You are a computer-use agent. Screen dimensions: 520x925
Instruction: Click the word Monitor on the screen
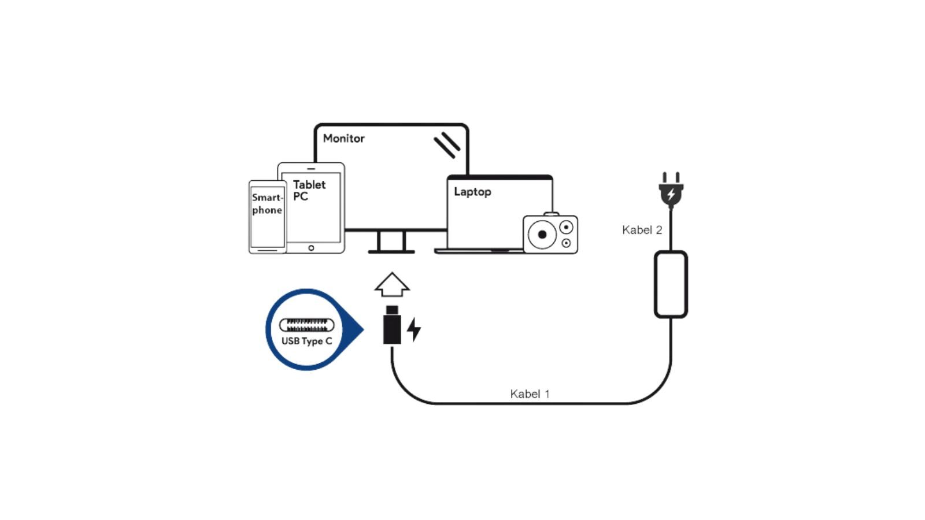pyautogui.click(x=343, y=139)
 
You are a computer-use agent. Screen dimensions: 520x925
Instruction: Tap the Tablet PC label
pyautogui.click(x=309, y=190)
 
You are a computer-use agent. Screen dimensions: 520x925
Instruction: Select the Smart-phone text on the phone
pyautogui.click(x=267, y=203)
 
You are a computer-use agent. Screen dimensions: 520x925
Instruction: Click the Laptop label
pyautogui.click(x=472, y=192)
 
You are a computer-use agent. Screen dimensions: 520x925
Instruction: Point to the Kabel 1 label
pyautogui.click(x=530, y=394)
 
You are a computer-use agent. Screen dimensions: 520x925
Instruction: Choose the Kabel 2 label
pyautogui.click(x=642, y=230)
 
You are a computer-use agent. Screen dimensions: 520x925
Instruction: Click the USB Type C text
pyautogui.click(x=306, y=341)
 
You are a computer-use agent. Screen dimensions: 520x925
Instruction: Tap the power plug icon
pyautogui.click(x=671, y=191)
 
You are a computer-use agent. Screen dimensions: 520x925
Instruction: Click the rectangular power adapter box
pyautogui.click(x=671, y=284)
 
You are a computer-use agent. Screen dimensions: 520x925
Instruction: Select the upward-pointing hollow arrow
pyautogui.click(x=392, y=284)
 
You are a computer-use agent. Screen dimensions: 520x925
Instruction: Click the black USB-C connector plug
pyautogui.click(x=392, y=326)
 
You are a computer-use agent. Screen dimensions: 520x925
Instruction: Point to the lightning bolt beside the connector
pyautogui.click(x=414, y=329)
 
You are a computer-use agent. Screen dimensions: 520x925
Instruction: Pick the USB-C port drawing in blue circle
pyautogui.click(x=306, y=325)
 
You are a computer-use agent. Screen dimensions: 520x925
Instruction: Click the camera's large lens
pyautogui.click(x=542, y=235)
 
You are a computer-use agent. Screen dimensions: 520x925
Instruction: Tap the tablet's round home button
pyautogui.click(x=311, y=248)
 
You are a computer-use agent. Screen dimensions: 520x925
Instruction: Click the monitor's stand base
pyautogui.click(x=391, y=251)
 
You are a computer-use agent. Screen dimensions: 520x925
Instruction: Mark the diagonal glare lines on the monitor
pyautogui.click(x=447, y=144)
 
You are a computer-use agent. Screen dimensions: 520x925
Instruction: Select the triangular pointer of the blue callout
pyautogui.click(x=356, y=330)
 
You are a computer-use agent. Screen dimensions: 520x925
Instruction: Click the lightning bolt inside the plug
pyautogui.click(x=671, y=194)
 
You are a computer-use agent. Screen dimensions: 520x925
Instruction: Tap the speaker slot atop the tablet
pyautogui.click(x=311, y=169)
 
